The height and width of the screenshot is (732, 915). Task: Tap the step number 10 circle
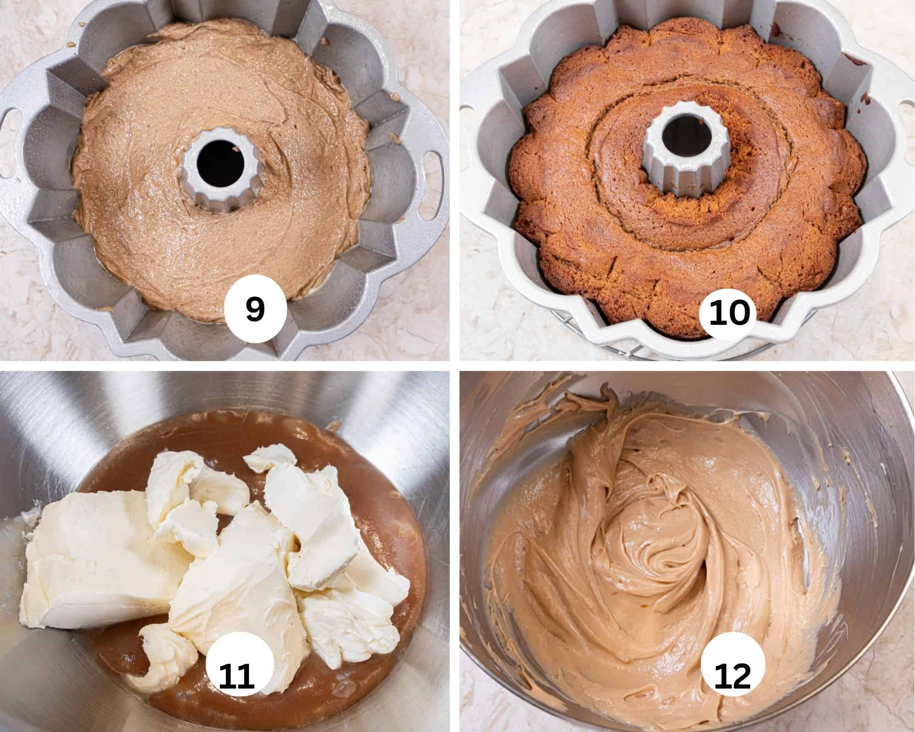(731, 314)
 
